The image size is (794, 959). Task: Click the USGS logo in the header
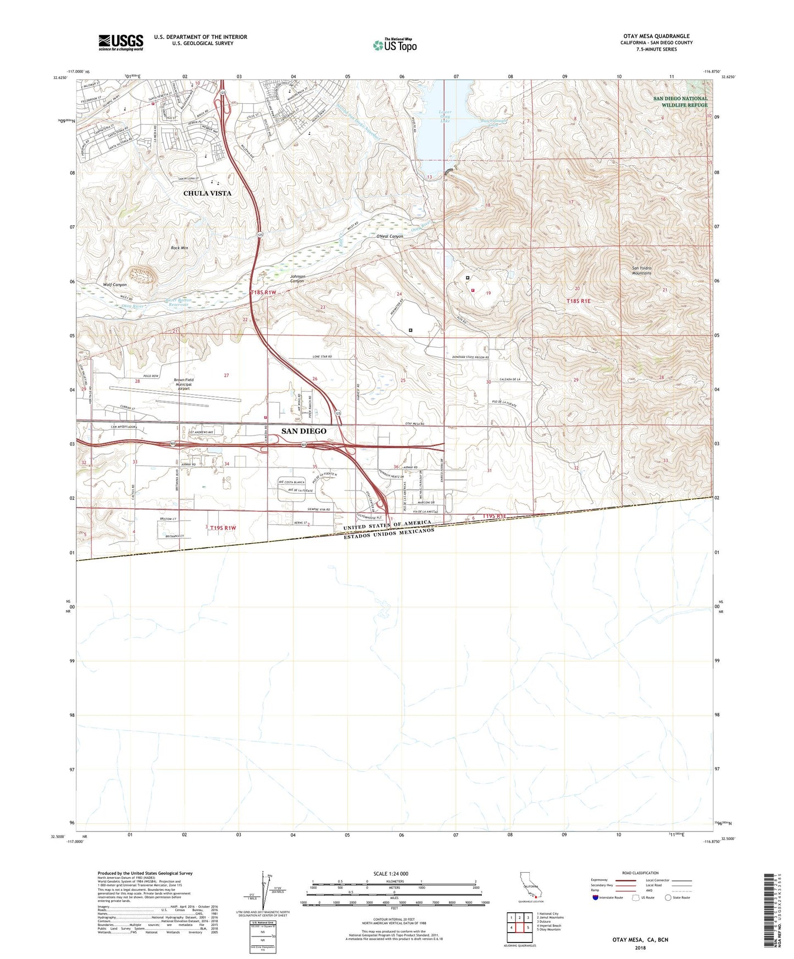coord(120,42)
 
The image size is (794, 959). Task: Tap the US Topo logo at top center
coord(395,45)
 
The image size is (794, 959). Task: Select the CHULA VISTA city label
coord(207,193)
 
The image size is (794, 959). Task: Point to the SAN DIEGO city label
coord(304,431)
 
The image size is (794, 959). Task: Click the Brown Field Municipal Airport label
coord(183,383)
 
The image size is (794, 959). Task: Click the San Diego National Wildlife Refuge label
coord(680,102)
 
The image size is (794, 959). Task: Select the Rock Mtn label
coord(179,248)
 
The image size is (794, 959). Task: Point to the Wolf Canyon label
coord(115,285)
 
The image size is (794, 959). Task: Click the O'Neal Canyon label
coord(390,237)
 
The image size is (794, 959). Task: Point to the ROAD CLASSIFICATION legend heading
coord(640,873)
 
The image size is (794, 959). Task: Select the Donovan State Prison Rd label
coord(467,358)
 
